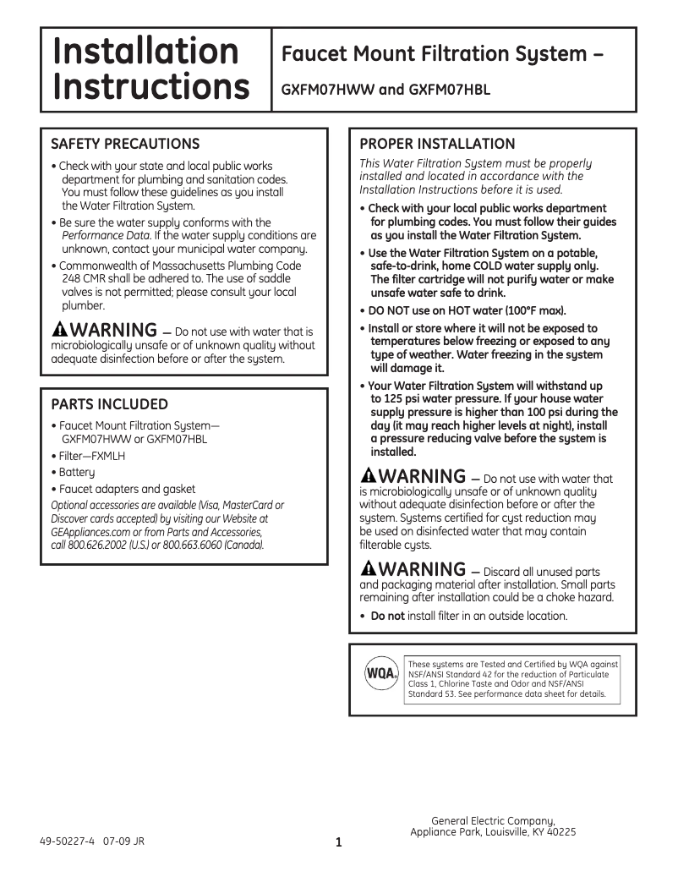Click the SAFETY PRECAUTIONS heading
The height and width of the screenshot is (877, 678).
coord(125,144)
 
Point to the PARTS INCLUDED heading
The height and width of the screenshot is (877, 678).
coord(109,404)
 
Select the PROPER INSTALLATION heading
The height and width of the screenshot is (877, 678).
coord(437,144)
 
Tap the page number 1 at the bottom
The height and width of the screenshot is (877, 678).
coord(338,842)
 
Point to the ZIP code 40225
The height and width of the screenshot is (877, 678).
coord(559,832)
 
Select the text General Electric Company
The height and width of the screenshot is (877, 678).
coord(493,821)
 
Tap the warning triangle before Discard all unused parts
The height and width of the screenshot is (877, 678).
coord(368,568)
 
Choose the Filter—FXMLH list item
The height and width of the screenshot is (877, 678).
coord(88,456)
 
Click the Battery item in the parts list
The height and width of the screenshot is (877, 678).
coord(77,472)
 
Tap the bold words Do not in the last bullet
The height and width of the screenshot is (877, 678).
coord(387,616)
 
